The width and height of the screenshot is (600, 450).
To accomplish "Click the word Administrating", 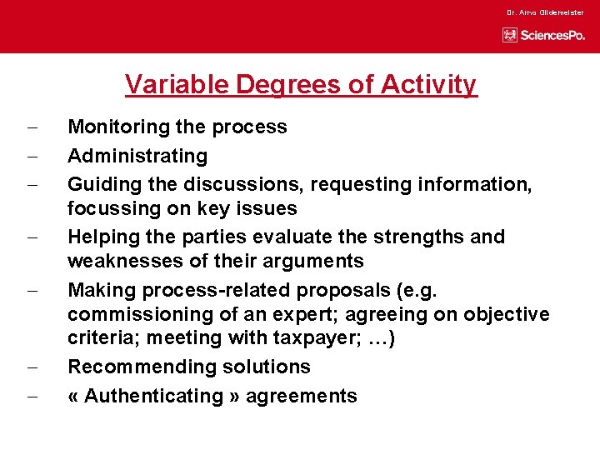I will click(x=137, y=156).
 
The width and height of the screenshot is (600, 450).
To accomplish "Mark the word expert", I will click(x=316, y=314).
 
